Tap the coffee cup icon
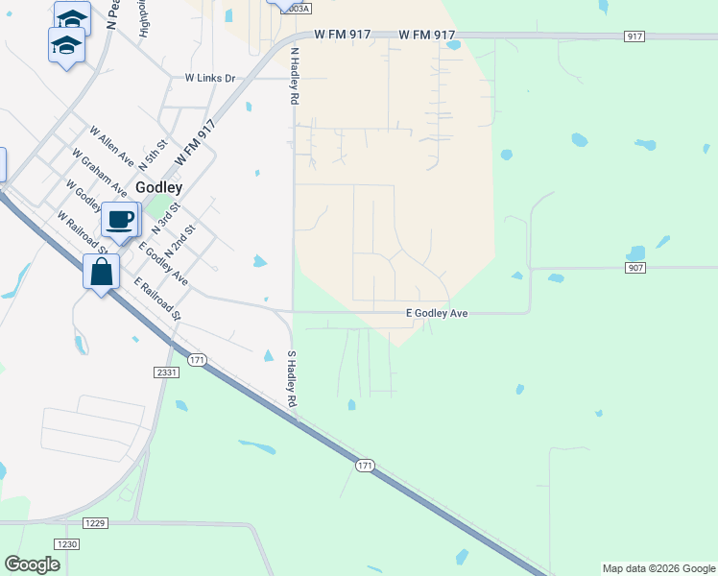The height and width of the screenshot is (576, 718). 120,220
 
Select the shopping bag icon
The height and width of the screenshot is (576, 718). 101,273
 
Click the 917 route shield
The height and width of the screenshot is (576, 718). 634,36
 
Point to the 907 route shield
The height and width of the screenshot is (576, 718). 635,267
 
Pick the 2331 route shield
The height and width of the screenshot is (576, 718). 165,371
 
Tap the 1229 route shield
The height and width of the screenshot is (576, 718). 94,522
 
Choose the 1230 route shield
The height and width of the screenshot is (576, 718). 66,543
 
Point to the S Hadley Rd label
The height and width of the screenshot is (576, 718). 293,378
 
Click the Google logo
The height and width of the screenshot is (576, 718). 32,564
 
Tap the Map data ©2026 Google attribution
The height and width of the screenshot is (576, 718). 658,568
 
